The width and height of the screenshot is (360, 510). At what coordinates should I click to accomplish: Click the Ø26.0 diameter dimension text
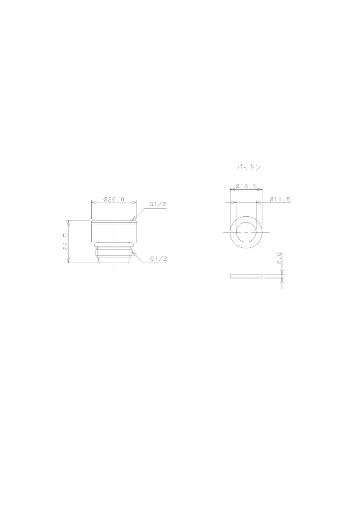pyautogui.click(x=114, y=199)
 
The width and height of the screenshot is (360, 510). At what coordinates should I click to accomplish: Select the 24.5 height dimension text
pyautogui.click(x=65, y=241)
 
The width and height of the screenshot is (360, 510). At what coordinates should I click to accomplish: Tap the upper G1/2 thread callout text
pyautogui.click(x=158, y=205)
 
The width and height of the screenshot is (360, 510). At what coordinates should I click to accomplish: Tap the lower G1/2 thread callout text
pyautogui.click(x=159, y=259)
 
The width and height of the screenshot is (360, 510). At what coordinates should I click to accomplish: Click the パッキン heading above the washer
pyautogui.click(x=249, y=167)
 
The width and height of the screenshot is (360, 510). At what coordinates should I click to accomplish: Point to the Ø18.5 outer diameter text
pyautogui.click(x=246, y=186)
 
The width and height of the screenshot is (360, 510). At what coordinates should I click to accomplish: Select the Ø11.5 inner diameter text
pyautogui.click(x=280, y=199)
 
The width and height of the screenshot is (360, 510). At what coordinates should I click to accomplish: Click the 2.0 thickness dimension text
pyautogui.click(x=279, y=258)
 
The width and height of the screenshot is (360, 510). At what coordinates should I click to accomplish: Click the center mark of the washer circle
pyautogui.click(x=246, y=232)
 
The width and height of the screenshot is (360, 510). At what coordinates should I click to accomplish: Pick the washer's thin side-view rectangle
pyautogui.click(x=246, y=276)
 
